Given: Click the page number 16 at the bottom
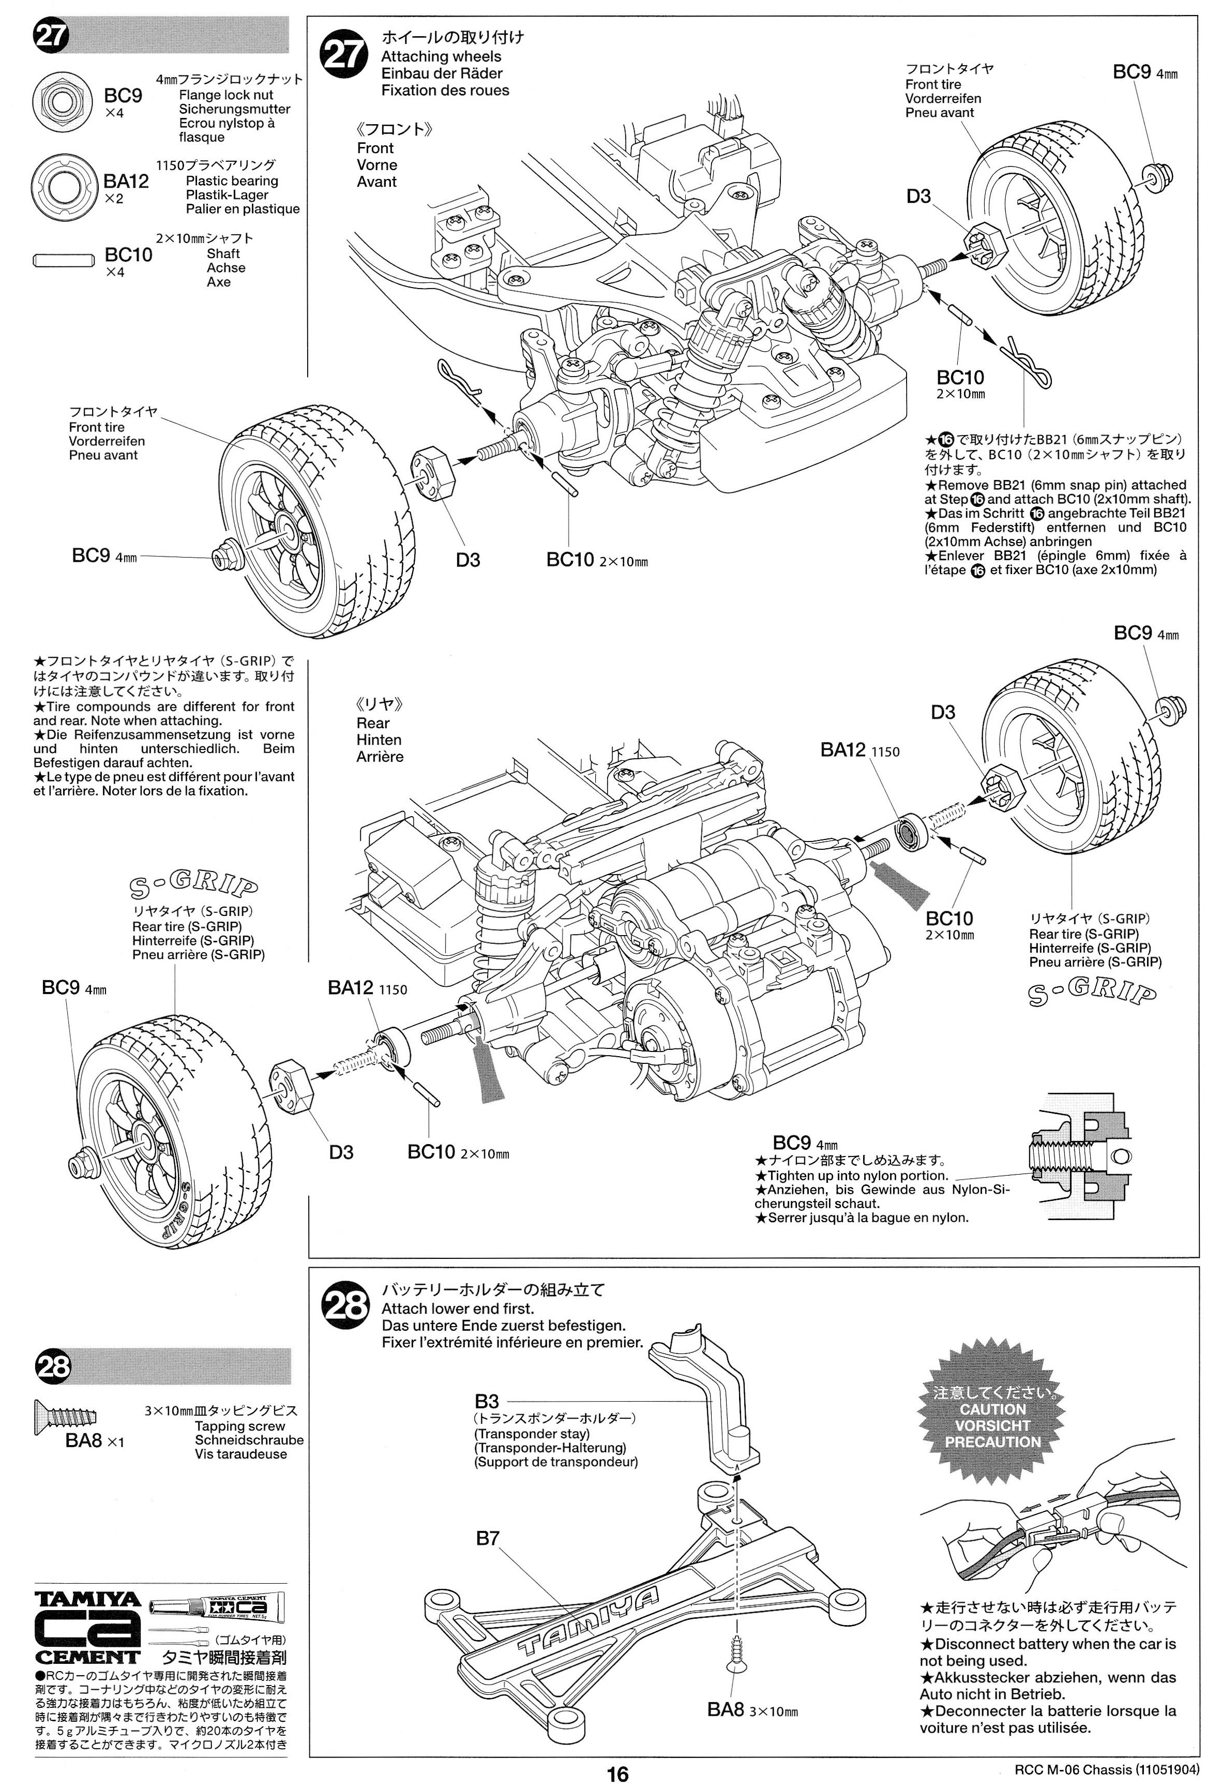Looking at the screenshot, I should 617,1774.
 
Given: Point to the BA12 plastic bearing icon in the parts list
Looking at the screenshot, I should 62,186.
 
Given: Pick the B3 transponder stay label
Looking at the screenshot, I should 486,1401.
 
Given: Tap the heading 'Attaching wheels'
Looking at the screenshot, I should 441,56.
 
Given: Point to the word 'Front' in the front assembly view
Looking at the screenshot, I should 375,148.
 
